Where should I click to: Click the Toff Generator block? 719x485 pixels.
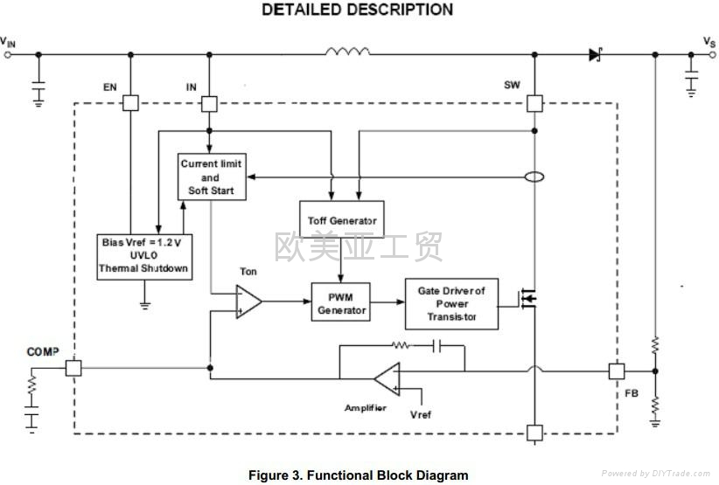[x=342, y=220]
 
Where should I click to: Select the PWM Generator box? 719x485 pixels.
[x=341, y=301]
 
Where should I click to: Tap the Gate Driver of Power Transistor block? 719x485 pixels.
[x=451, y=303]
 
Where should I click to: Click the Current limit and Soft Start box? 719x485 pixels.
[x=211, y=177]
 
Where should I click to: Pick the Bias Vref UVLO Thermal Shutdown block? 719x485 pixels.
[x=144, y=256]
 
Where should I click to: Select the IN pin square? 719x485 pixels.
[x=209, y=103]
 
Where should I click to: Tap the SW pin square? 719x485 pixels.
[x=534, y=103]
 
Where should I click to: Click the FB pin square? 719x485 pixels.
[x=617, y=371]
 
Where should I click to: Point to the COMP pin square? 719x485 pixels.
[x=73, y=368]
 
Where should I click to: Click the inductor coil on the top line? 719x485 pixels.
[x=347, y=53]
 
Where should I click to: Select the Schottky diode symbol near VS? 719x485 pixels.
[x=596, y=54]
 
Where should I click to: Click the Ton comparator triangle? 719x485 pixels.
[x=248, y=301]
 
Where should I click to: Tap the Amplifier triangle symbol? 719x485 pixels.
[x=387, y=378]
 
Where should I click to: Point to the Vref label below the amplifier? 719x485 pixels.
[x=420, y=414]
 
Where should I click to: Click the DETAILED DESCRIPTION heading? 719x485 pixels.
[x=358, y=10]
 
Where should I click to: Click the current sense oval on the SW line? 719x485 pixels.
[x=534, y=177]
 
